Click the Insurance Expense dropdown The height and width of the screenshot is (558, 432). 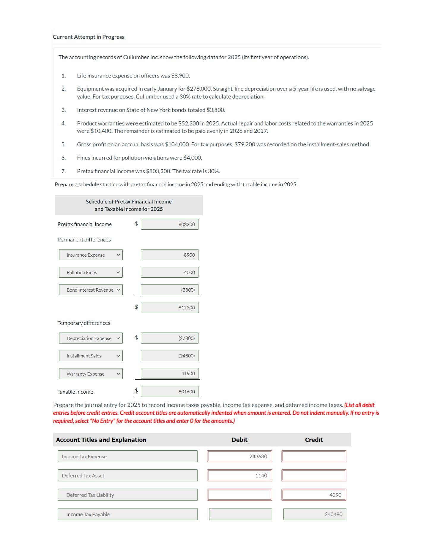pos(91,255)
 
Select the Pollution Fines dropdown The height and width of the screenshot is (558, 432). pos(91,272)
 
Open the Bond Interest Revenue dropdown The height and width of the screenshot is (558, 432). pos(91,290)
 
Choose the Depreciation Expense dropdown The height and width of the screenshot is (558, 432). pos(91,338)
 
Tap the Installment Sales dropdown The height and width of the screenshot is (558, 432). pos(91,356)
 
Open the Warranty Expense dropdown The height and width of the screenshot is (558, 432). pos(91,374)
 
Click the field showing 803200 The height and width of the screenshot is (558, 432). pos(169,224)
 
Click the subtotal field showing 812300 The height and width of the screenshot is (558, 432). pos(169,308)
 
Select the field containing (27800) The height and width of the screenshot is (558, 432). pos(169,338)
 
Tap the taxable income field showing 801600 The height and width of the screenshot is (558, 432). pos(169,392)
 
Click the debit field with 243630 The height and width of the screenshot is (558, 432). pos(239,456)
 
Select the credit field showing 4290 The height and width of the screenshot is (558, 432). pos(314,495)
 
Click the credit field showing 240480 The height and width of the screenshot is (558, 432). pos(315,514)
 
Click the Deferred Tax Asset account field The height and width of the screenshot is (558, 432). pos(128,476)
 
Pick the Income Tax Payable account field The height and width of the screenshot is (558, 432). pos(128,514)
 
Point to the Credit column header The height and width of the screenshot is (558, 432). pos(314,440)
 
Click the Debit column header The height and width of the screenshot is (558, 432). pos(239,440)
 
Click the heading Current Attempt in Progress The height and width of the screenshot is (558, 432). pos(89,37)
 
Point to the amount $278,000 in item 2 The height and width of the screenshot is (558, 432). pos(199,89)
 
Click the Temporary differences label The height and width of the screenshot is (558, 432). pos(84,323)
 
